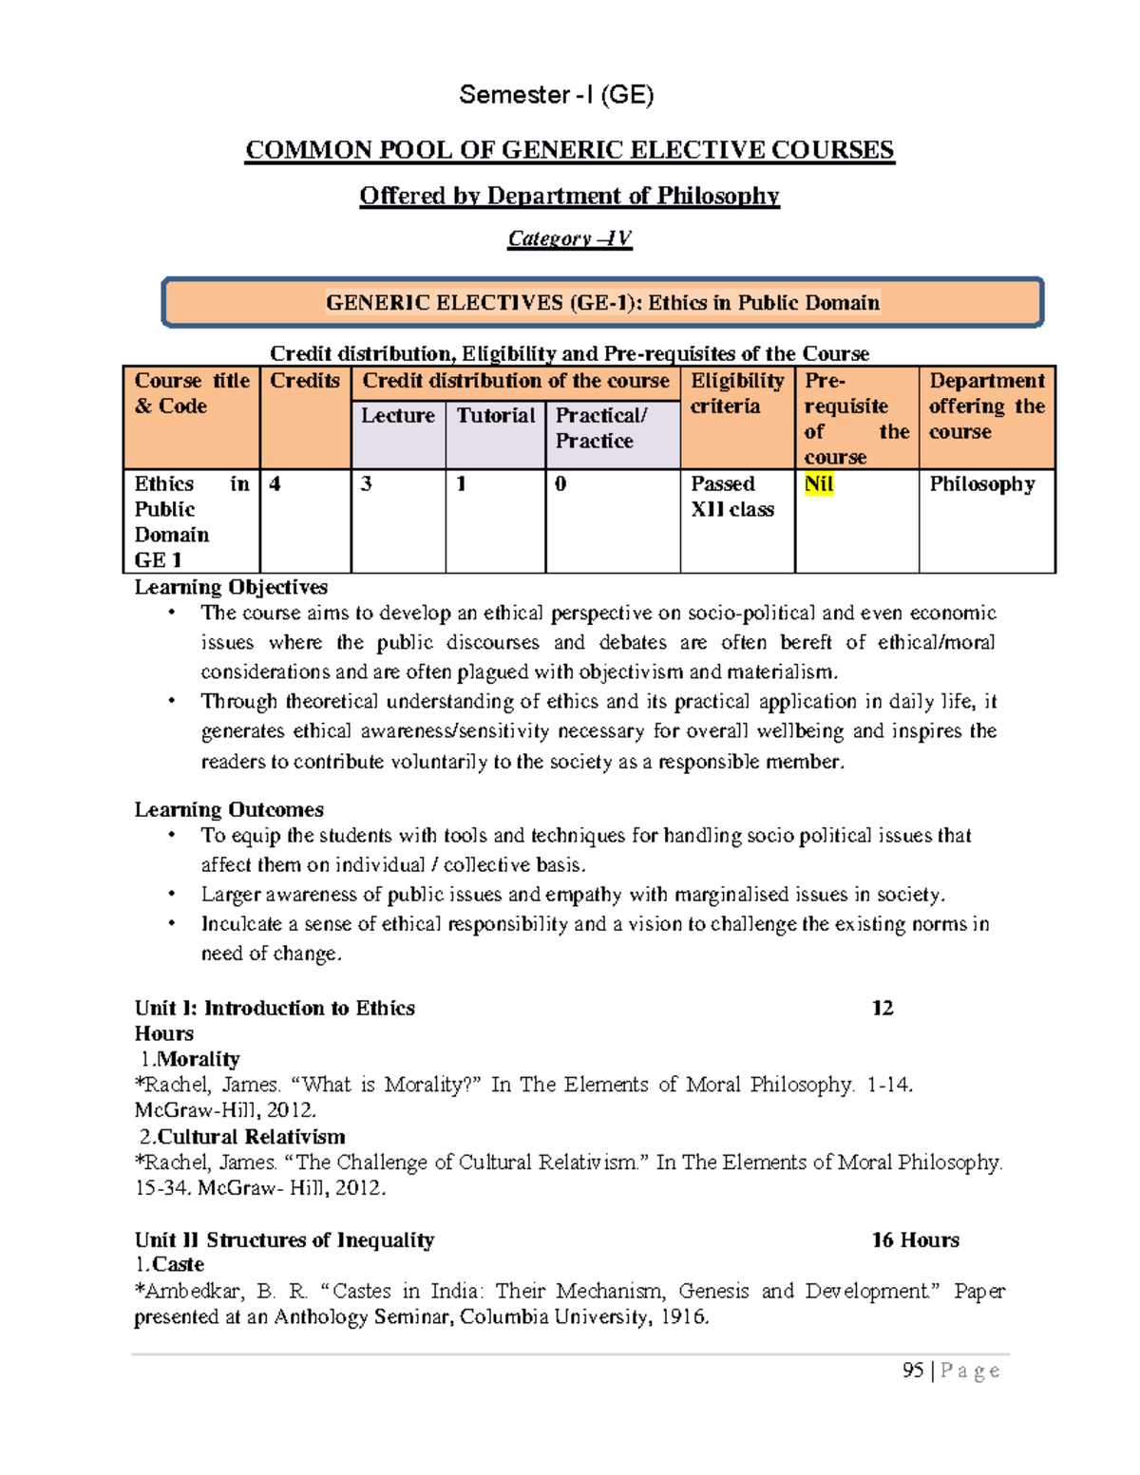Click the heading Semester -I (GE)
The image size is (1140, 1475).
pyautogui.click(x=556, y=95)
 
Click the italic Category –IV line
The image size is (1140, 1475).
pyautogui.click(x=569, y=238)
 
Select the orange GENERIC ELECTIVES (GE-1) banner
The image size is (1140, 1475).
pyautogui.click(x=602, y=303)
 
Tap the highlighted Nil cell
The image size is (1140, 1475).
pyautogui.click(x=818, y=484)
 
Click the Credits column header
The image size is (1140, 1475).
pyautogui.click(x=304, y=381)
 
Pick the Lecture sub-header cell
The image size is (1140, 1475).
pyautogui.click(x=397, y=416)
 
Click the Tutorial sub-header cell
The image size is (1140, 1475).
pyautogui.click(x=495, y=416)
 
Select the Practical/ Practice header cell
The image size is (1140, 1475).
pyautogui.click(x=600, y=428)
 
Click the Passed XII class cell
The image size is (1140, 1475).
pyautogui.click(x=731, y=497)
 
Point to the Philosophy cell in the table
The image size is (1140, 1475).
pyautogui.click(x=981, y=484)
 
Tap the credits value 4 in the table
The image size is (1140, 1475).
pyautogui.click(x=275, y=484)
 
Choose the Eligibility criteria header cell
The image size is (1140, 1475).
pyautogui.click(x=736, y=393)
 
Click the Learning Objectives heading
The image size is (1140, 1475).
pyautogui.click(x=231, y=587)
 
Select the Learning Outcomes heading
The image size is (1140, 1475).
pyautogui.click(x=229, y=809)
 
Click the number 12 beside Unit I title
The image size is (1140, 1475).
pyautogui.click(x=882, y=1008)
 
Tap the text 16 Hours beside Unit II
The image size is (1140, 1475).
pyautogui.click(x=915, y=1239)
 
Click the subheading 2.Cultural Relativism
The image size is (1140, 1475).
pyautogui.click(x=242, y=1137)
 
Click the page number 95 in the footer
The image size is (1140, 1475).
pyautogui.click(x=913, y=1370)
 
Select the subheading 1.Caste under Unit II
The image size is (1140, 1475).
pyautogui.click(x=170, y=1264)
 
